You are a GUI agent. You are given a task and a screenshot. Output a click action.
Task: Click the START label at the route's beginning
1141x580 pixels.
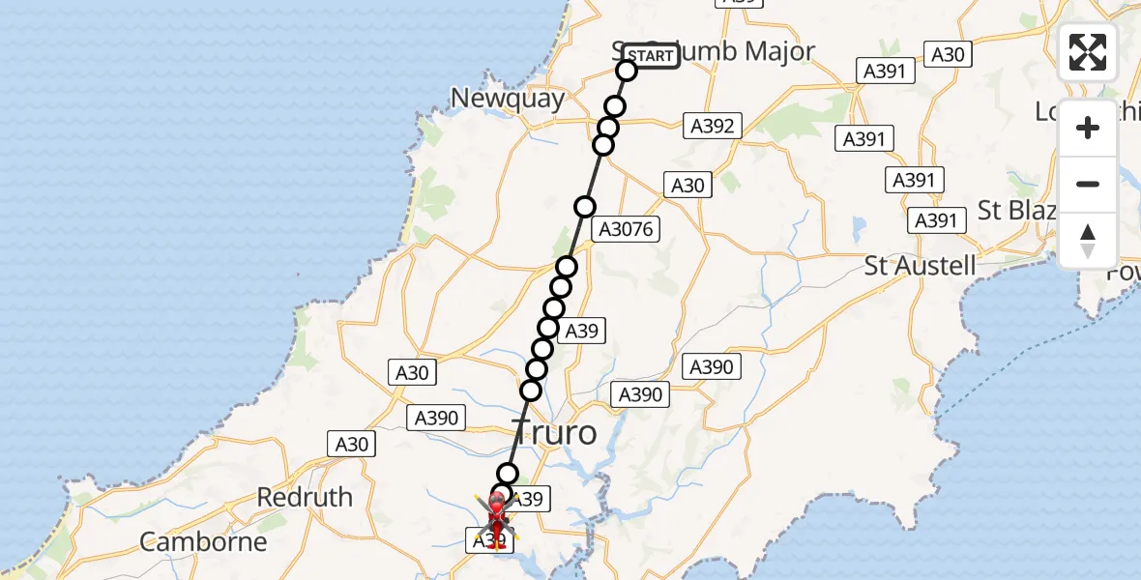point(651,56)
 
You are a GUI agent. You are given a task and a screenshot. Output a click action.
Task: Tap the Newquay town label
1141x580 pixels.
point(508,98)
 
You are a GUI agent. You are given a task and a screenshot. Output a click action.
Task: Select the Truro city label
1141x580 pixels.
point(555,432)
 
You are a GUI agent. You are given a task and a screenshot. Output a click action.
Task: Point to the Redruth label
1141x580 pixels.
point(305,497)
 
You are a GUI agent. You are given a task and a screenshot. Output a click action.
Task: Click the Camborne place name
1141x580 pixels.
point(203,541)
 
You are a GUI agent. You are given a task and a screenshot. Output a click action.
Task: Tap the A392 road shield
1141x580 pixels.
point(713,125)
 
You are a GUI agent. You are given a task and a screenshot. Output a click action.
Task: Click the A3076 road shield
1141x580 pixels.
point(627,229)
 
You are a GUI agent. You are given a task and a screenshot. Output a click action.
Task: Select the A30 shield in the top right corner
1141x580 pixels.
point(947,54)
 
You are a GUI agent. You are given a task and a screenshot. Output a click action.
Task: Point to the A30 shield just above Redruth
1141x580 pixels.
point(351,444)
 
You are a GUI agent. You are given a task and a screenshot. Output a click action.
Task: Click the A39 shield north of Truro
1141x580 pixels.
point(581,331)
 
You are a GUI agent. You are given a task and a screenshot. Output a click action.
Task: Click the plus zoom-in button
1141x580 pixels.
point(1088,128)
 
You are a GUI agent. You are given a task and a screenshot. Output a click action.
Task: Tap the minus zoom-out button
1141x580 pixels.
point(1088,184)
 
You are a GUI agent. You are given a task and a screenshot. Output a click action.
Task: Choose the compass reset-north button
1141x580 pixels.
point(1088,241)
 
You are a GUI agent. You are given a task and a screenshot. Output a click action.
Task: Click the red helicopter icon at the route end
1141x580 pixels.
point(497,510)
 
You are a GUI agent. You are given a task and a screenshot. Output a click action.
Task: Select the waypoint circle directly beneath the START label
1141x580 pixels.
point(627,71)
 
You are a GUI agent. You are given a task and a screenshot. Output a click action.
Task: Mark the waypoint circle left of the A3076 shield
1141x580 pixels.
point(584,207)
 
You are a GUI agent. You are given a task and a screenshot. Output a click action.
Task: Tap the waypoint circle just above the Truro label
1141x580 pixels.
point(531,391)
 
